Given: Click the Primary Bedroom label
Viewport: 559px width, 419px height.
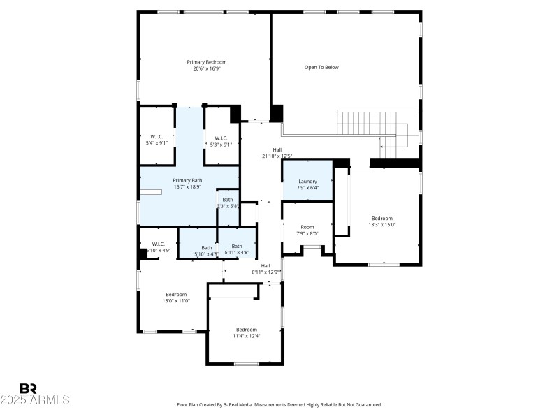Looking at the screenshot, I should pos(206,62).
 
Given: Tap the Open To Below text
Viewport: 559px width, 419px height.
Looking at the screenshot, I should pos(321,68).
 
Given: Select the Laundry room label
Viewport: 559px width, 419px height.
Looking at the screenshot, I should pos(307,181).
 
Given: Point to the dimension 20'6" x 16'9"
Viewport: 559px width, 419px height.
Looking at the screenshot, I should pos(206,68).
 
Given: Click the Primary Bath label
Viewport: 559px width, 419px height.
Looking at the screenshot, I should pos(187,180).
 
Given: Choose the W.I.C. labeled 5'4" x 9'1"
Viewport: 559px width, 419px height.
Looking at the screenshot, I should pos(157,140).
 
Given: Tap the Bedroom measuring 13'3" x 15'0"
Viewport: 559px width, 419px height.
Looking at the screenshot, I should pos(382,221).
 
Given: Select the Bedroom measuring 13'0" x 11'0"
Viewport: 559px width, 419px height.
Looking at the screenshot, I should pos(176,297).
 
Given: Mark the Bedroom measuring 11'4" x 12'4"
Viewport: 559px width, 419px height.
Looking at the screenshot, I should pos(246,332).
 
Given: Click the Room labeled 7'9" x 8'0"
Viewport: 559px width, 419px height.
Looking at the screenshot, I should pos(307,230).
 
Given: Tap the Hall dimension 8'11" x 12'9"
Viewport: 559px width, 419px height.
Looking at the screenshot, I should pos(266,272).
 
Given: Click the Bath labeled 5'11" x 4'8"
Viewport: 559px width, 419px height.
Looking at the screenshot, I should pos(237,249).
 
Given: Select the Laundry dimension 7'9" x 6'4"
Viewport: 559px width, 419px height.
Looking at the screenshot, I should pos(307,187).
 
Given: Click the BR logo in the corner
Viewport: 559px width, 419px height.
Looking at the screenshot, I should pos(28,388).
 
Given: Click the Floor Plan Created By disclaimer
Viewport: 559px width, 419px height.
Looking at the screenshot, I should pos(279,404).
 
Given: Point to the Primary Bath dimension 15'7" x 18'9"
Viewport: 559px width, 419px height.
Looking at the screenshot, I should pos(187,186).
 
